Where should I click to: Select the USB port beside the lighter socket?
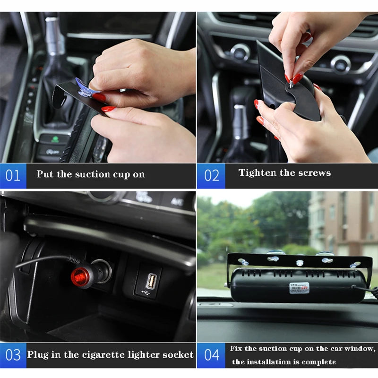click(x=151, y=282)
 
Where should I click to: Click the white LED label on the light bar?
click(x=299, y=288)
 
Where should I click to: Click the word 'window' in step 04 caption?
click(x=361, y=349)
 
